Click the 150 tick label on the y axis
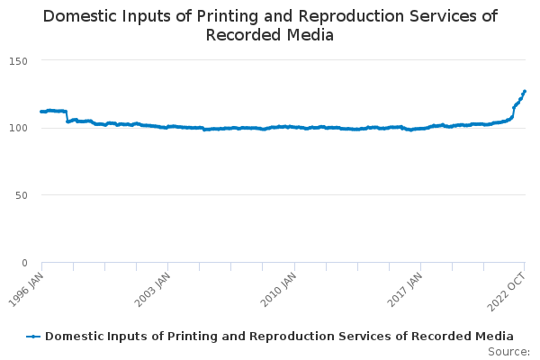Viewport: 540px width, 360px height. coord(18,61)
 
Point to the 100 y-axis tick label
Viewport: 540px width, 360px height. coord(18,128)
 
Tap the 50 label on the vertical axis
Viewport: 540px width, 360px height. coord(22,195)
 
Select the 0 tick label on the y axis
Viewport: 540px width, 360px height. coord(24,263)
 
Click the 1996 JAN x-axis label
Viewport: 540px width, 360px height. coord(26,290)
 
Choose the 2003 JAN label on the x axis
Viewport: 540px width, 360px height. coord(153,290)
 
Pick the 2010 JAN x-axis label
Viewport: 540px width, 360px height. coord(279,290)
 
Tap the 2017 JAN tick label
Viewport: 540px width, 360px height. coord(405,290)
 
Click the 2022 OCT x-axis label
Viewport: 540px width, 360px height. coord(507,292)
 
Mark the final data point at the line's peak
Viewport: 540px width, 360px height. coord(525,91)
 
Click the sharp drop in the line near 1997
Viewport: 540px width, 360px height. coord(67,116)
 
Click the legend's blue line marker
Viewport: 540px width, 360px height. coord(33,337)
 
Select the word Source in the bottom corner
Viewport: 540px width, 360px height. coord(507,352)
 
